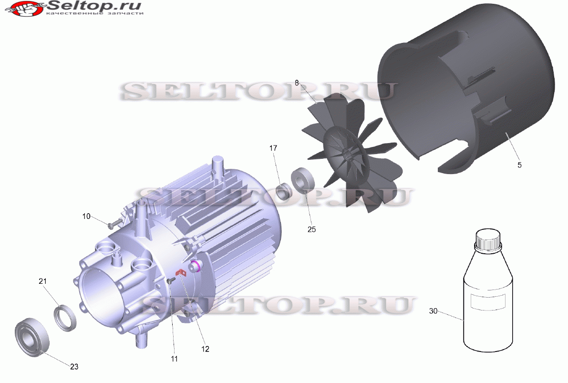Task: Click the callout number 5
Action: tap(519, 165)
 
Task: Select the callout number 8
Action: tap(297, 83)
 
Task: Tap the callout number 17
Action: tap(273, 148)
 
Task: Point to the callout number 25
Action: tap(311, 229)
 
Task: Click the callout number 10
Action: tap(86, 217)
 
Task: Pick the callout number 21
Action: tap(43, 281)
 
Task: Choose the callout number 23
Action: tap(74, 367)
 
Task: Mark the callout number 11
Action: tap(174, 359)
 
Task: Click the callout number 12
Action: tap(205, 349)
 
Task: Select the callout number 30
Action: tap(433, 311)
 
